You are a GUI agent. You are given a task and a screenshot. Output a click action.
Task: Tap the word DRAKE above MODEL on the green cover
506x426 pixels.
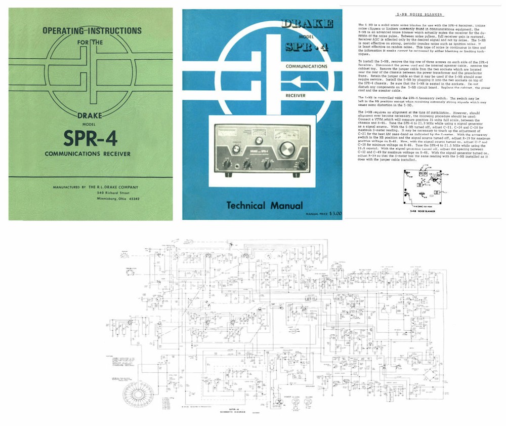(x=90, y=116)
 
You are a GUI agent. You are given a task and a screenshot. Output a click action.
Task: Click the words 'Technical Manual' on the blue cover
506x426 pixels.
(x=259, y=205)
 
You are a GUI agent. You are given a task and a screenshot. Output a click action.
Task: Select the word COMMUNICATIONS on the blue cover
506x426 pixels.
(x=307, y=66)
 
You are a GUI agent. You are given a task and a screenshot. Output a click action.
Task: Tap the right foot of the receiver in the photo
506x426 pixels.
(x=302, y=175)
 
